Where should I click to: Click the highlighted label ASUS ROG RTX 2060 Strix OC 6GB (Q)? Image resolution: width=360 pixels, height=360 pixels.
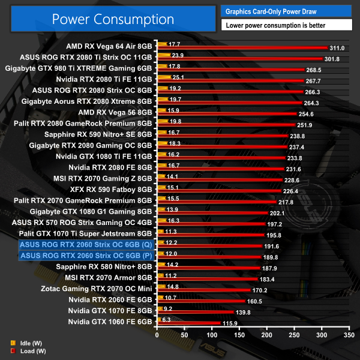click(86, 244)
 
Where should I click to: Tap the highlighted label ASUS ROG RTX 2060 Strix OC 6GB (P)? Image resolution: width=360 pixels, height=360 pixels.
click(86, 256)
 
